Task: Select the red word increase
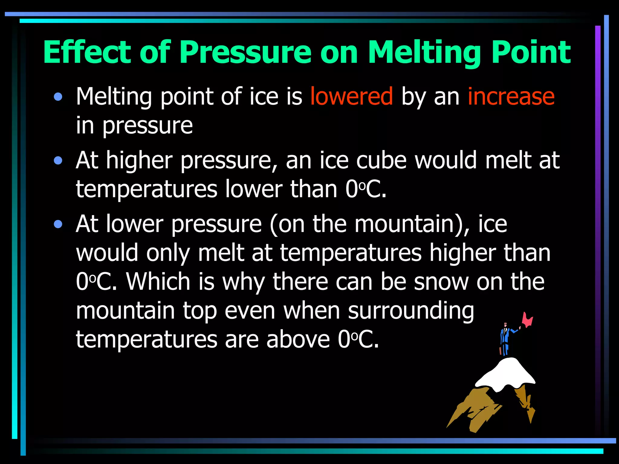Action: point(511,97)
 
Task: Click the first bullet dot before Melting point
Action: point(58,97)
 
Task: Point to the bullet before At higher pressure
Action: point(58,161)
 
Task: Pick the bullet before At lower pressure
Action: point(58,224)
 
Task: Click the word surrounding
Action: point(411,311)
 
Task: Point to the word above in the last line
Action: point(298,340)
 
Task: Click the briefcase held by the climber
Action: point(500,350)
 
